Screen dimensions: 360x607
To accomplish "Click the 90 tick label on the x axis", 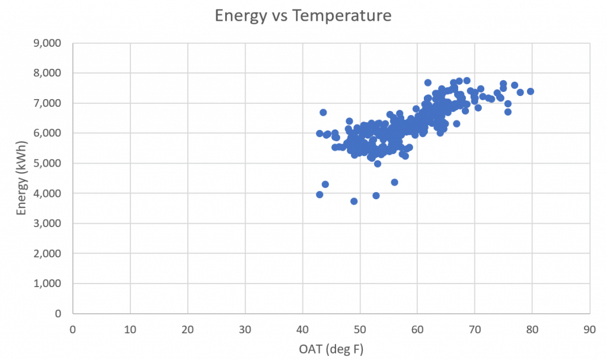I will (x=589, y=327).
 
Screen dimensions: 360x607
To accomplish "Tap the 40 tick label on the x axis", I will (x=302, y=327).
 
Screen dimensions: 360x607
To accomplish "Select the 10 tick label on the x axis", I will (x=130, y=327).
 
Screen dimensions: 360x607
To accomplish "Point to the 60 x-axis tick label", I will (x=417, y=327).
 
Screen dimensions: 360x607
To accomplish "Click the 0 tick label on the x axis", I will (x=73, y=327).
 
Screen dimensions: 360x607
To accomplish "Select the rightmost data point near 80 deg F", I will (x=531, y=91).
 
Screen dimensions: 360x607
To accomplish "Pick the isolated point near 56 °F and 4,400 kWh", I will (x=394, y=182).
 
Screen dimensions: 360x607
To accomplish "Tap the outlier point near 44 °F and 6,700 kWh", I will (x=323, y=112).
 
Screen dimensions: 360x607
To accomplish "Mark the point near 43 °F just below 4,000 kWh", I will (x=320, y=195).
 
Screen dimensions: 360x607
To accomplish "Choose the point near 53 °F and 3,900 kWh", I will (x=376, y=196).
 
